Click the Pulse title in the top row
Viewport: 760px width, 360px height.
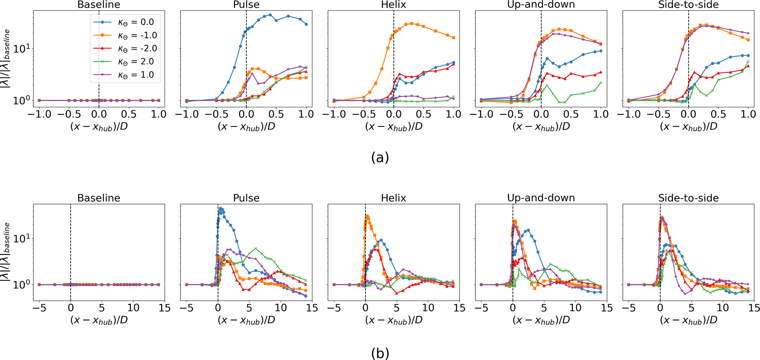246,5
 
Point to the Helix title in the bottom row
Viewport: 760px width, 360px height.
393,198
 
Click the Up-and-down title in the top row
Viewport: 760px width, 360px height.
541,5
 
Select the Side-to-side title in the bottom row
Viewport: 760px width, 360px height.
688,198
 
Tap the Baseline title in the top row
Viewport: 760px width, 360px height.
99,5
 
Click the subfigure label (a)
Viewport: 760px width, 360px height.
380,157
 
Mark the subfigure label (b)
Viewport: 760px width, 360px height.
380,354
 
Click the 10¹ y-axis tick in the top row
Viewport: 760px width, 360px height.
21,49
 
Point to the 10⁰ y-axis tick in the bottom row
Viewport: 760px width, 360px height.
21,285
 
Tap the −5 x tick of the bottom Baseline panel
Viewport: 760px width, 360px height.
37,308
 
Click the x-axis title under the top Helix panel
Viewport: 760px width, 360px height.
393,126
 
